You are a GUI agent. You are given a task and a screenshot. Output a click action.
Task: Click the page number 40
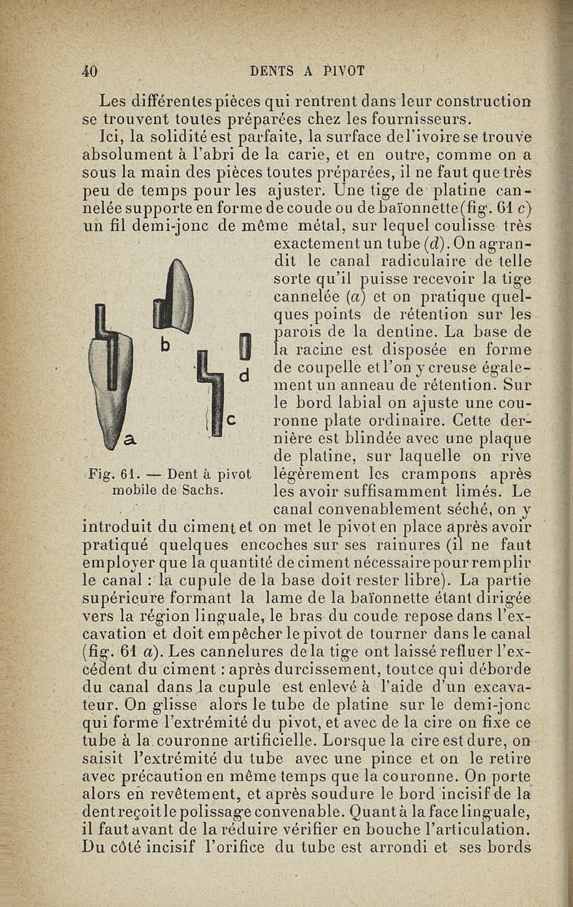90,71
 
